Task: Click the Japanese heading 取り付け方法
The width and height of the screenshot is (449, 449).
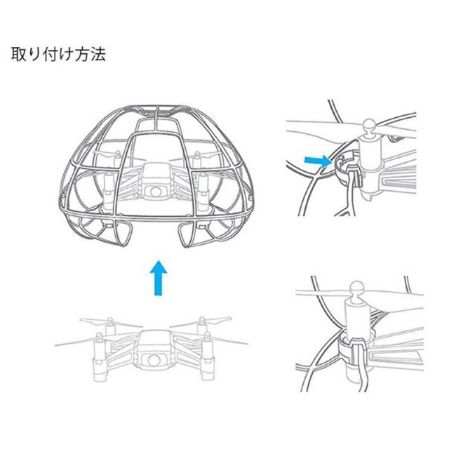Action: [x=58, y=54]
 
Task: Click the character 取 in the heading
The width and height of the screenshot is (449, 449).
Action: [x=17, y=54]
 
